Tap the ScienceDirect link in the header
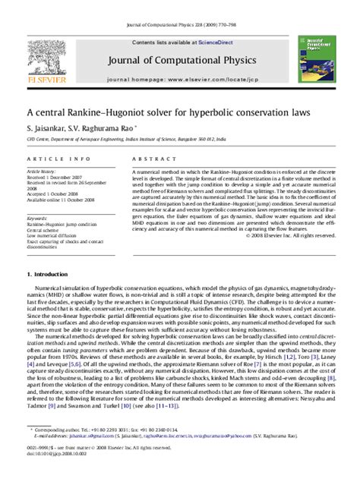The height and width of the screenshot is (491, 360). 214,43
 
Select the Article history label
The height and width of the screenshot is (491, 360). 43,172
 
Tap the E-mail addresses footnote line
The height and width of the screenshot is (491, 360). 152,457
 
